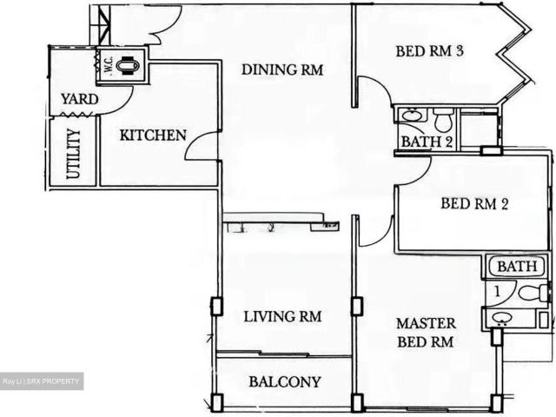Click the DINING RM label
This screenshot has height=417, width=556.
click(282, 69)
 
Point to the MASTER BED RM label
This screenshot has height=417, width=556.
click(425, 332)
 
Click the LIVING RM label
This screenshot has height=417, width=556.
click(281, 317)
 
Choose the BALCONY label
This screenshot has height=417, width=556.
click(284, 381)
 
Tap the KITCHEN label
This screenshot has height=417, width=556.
click(153, 135)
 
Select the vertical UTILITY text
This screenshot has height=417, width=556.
click(73, 155)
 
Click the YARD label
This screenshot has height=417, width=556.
click(78, 99)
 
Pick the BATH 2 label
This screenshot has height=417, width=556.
click(426, 142)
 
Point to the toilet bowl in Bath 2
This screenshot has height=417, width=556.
click(443, 116)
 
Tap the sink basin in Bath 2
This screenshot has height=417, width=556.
click(412, 116)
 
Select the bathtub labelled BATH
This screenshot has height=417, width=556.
click(518, 267)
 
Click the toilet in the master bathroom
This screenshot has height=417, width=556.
click(538, 293)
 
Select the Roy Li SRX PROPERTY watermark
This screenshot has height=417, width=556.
click(42, 381)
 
